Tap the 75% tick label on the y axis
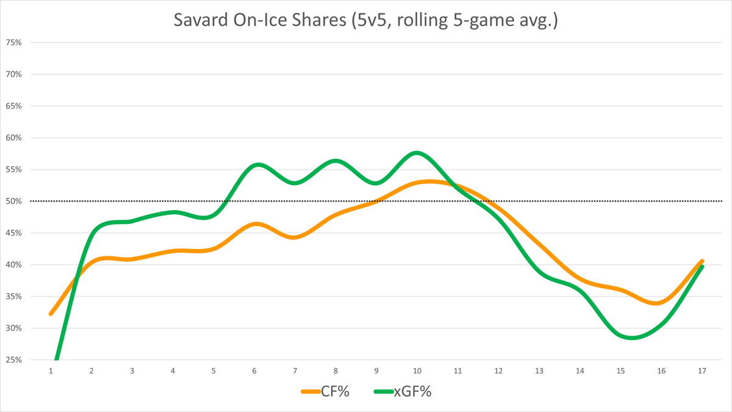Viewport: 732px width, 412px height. (13, 43)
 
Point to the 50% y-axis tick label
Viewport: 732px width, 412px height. (13, 201)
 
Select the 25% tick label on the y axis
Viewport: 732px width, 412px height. (13, 360)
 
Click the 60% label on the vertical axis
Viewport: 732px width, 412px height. (13, 138)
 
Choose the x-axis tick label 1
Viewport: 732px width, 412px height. (51, 371)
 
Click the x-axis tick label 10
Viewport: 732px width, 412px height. (417, 371)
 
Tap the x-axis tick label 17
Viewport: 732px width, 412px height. (701, 371)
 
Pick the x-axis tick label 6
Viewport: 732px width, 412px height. (254, 371)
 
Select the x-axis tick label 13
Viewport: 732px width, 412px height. (539, 371)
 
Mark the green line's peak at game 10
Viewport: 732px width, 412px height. (417, 153)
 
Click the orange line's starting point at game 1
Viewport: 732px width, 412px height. (51, 314)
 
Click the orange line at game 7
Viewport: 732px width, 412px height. (295, 237)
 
